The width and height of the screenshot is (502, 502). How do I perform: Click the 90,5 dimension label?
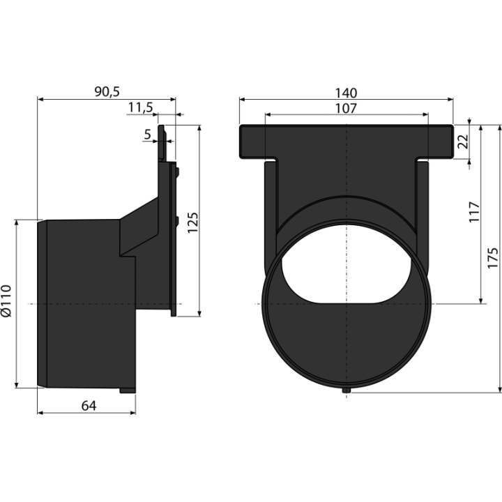[x=107, y=92]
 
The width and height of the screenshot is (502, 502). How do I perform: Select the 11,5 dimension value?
[x=141, y=107]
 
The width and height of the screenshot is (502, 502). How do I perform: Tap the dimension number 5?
[x=147, y=135]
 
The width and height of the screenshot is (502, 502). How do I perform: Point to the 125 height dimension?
[x=192, y=222]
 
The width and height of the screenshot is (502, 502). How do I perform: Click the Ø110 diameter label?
[x=6, y=301]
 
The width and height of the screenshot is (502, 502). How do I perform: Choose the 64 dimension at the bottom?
[x=89, y=406]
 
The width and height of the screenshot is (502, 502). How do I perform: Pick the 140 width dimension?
[x=346, y=93]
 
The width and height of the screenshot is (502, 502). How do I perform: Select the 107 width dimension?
[x=346, y=109]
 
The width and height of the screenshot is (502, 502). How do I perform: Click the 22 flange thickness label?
[x=463, y=142]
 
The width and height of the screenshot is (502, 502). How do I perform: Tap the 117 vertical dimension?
[x=474, y=212]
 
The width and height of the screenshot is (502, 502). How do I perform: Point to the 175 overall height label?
[x=493, y=258]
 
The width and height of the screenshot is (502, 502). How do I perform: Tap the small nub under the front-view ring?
[x=346, y=390]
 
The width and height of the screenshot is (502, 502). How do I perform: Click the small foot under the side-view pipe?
[x=128, y=390]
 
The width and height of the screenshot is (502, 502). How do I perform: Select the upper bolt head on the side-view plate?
[x=177, y=172]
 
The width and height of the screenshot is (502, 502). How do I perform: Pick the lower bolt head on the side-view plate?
[x=177, y=222]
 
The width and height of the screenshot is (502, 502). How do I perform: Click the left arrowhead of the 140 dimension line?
[x=243, y=100]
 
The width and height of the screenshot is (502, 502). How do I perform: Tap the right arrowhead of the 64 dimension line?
[x=132, y=413]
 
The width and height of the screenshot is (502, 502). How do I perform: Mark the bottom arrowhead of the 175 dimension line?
[x=500, y=389]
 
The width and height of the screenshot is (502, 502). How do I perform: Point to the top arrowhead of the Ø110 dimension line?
[x=17, y=222]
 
